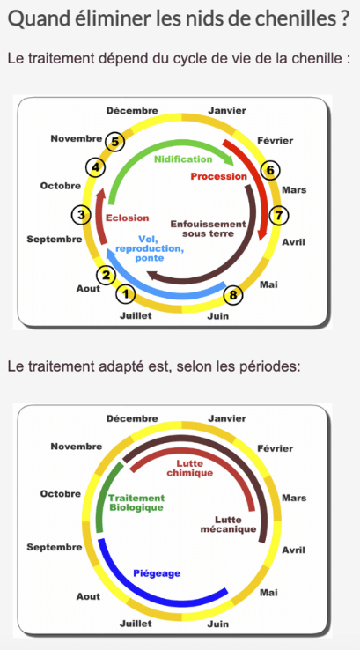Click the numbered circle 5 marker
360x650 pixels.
114,142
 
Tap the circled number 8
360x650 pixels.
233,295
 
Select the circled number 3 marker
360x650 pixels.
81,215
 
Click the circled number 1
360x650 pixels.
127,294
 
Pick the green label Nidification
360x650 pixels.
183,159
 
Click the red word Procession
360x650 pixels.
218,176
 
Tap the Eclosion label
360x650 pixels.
127,218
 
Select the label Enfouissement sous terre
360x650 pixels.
209,228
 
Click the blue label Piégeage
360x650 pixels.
157,573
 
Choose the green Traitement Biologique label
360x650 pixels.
136,502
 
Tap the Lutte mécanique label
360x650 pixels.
228,524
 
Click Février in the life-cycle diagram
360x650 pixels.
276,141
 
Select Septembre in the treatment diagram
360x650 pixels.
55,548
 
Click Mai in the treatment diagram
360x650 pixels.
268,593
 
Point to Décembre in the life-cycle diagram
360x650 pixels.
132,111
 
